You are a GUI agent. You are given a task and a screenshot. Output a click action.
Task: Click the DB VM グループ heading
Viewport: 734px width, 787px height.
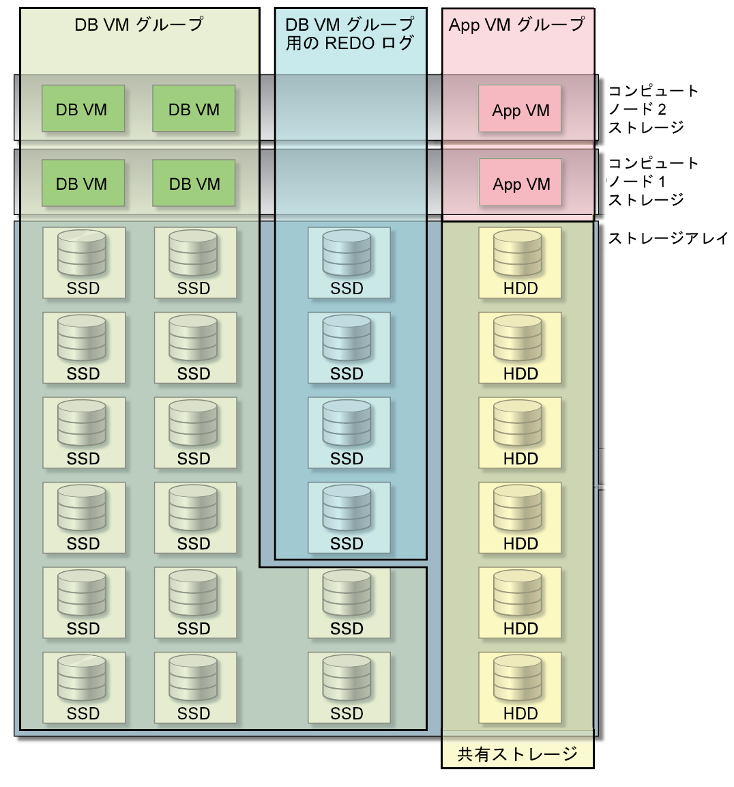pyautogui.click(x=139, y=25)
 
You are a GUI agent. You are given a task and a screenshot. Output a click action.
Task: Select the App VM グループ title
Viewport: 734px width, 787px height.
pyautogui.click(x=517, y=25)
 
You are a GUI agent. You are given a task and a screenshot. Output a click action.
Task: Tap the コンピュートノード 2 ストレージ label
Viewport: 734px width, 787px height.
pyautogui.click(x=653, y=109)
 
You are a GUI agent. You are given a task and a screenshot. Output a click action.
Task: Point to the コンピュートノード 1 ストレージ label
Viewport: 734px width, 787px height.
pyautogui.click(x=653, y=181)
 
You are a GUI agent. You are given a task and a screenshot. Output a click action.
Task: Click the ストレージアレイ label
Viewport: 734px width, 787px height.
pyautogui.click(x=668, y=238)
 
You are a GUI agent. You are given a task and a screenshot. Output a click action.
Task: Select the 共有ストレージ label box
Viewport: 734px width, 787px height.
pyautogui.click(x=517, y=754)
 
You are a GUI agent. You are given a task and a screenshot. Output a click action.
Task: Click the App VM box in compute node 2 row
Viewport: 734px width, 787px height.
pyautogui.click(x=520, y=109)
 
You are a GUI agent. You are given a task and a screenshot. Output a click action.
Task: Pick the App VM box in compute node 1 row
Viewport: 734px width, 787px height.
pyautogui.click(x=520, y=182)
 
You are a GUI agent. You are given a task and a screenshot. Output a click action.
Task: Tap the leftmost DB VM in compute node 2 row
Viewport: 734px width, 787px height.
pyautogui.click(x=83, y=109)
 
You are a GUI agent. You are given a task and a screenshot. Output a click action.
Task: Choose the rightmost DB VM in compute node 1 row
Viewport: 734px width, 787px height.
pyautogui.click(x=194, y=183)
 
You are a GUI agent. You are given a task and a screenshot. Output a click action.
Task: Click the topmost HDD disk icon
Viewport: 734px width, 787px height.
pyautogui.click(x=520, y=263)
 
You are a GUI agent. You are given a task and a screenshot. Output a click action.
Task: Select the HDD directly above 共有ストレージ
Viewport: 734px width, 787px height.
pyautogui.click(x=520, y=687)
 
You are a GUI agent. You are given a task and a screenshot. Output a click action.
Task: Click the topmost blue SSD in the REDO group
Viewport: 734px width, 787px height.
pyautogui.click(x=349, y=263)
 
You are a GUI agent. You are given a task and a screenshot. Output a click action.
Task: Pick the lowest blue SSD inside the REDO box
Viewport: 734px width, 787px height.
pyautogui.click(x=349, y=517)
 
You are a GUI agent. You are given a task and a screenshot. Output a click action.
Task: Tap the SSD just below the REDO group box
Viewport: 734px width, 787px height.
pyautogui.click(x=349, y=603)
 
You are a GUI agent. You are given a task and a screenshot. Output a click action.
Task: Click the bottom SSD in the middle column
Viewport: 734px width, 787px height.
pyautogui.click(x=349, y=687)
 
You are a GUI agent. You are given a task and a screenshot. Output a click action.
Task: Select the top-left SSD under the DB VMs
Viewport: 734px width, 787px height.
pyautogui.click(x=84, y=263)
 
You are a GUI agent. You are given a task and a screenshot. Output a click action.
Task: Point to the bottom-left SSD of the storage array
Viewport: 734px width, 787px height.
pyautogui.click(x=84, y=687)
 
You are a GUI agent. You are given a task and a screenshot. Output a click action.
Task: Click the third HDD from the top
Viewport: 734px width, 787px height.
pyautogui.click(x=520, y=433)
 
